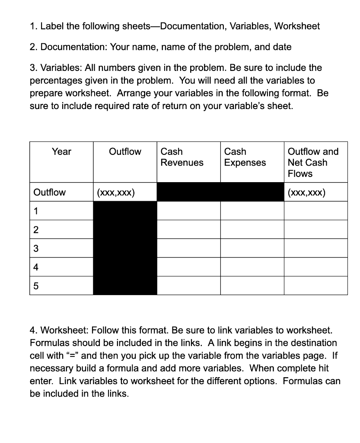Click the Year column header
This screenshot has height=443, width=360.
point(61,152)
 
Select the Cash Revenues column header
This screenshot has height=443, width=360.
point(182,157)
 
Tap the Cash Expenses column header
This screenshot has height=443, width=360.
point(245,157)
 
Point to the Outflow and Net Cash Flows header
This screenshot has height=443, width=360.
point(313,163)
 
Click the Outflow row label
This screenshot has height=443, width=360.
point(50,193)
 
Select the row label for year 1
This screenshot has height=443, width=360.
point(36,212)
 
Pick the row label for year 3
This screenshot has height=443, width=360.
point(36,249)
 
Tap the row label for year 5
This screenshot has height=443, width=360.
point(36,286)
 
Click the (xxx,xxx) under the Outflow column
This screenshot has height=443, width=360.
point(116,193)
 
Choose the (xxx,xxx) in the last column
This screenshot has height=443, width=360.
point(306,193)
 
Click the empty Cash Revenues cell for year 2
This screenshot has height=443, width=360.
point(189,230)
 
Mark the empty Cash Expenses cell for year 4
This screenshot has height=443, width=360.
point(252,267)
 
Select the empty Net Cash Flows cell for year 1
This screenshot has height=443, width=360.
point(315,211)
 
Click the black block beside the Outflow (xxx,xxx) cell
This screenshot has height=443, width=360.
point(220,192)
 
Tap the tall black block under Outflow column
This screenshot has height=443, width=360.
point(125,248)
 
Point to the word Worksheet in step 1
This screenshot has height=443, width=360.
point(297,26)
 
